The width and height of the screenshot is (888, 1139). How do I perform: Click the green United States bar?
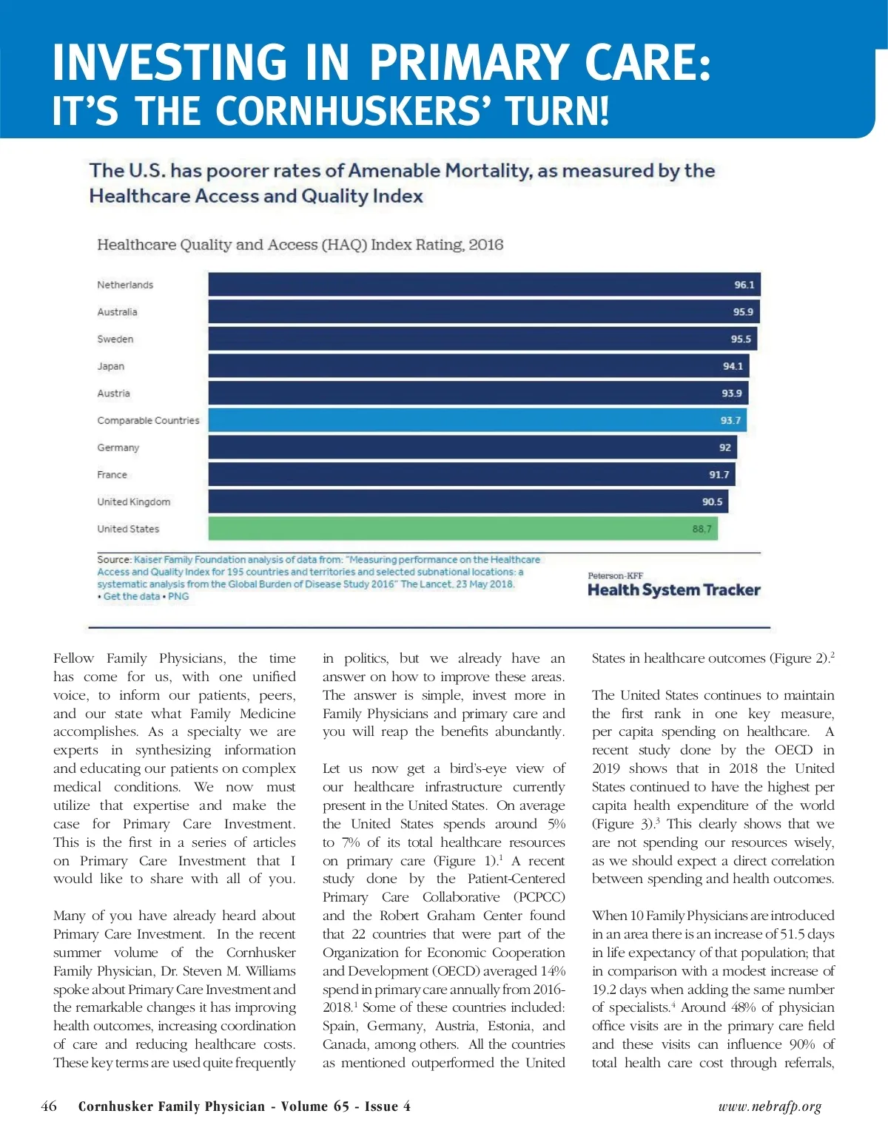point(462,529)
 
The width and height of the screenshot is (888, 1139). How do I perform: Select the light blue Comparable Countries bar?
point(477,420)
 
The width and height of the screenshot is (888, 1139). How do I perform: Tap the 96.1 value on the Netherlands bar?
point(744,285)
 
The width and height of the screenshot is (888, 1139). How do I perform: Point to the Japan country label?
point(111,366)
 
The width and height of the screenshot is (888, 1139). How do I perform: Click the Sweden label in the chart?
point(115,339)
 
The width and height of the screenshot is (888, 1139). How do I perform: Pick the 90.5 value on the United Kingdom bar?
point(712,501)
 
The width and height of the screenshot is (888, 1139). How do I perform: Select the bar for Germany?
point(472,447)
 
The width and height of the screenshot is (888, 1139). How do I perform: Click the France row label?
point(112,475)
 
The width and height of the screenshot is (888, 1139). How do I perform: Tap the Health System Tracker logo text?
point(673,590)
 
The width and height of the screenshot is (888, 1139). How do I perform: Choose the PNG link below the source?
point(178,596)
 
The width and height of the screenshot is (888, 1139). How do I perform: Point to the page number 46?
point(49,1106)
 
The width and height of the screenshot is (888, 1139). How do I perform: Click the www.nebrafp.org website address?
point(770,1106)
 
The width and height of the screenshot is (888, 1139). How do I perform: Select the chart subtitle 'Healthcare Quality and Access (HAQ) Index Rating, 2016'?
point(300,245)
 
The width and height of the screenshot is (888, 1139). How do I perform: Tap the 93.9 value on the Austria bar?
point(731,393)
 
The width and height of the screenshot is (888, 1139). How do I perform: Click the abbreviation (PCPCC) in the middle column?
point(539,897)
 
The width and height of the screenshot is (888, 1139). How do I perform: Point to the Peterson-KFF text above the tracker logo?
point(616,575)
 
